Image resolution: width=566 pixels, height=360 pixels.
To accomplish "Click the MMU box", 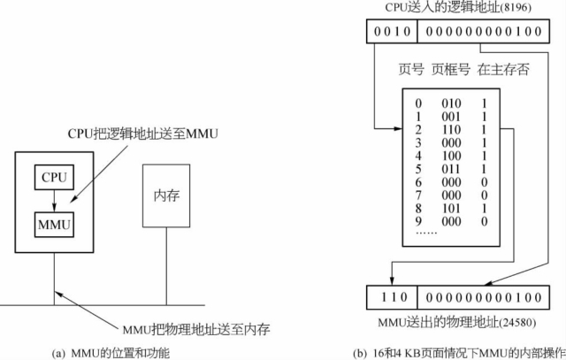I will (x=52, y=224).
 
